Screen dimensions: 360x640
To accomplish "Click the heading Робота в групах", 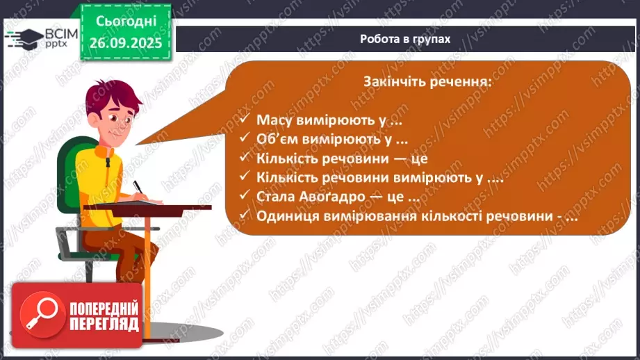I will tap(405, 39).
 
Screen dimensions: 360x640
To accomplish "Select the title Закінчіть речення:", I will tap(427, 81).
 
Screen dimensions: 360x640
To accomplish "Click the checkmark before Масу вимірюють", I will tap(244, 120).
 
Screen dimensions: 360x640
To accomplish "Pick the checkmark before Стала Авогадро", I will tap(244, 197).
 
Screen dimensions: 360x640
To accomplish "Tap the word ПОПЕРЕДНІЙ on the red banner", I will tap(104, 308).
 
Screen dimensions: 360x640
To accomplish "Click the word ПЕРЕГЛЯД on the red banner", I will tap(104, 325).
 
